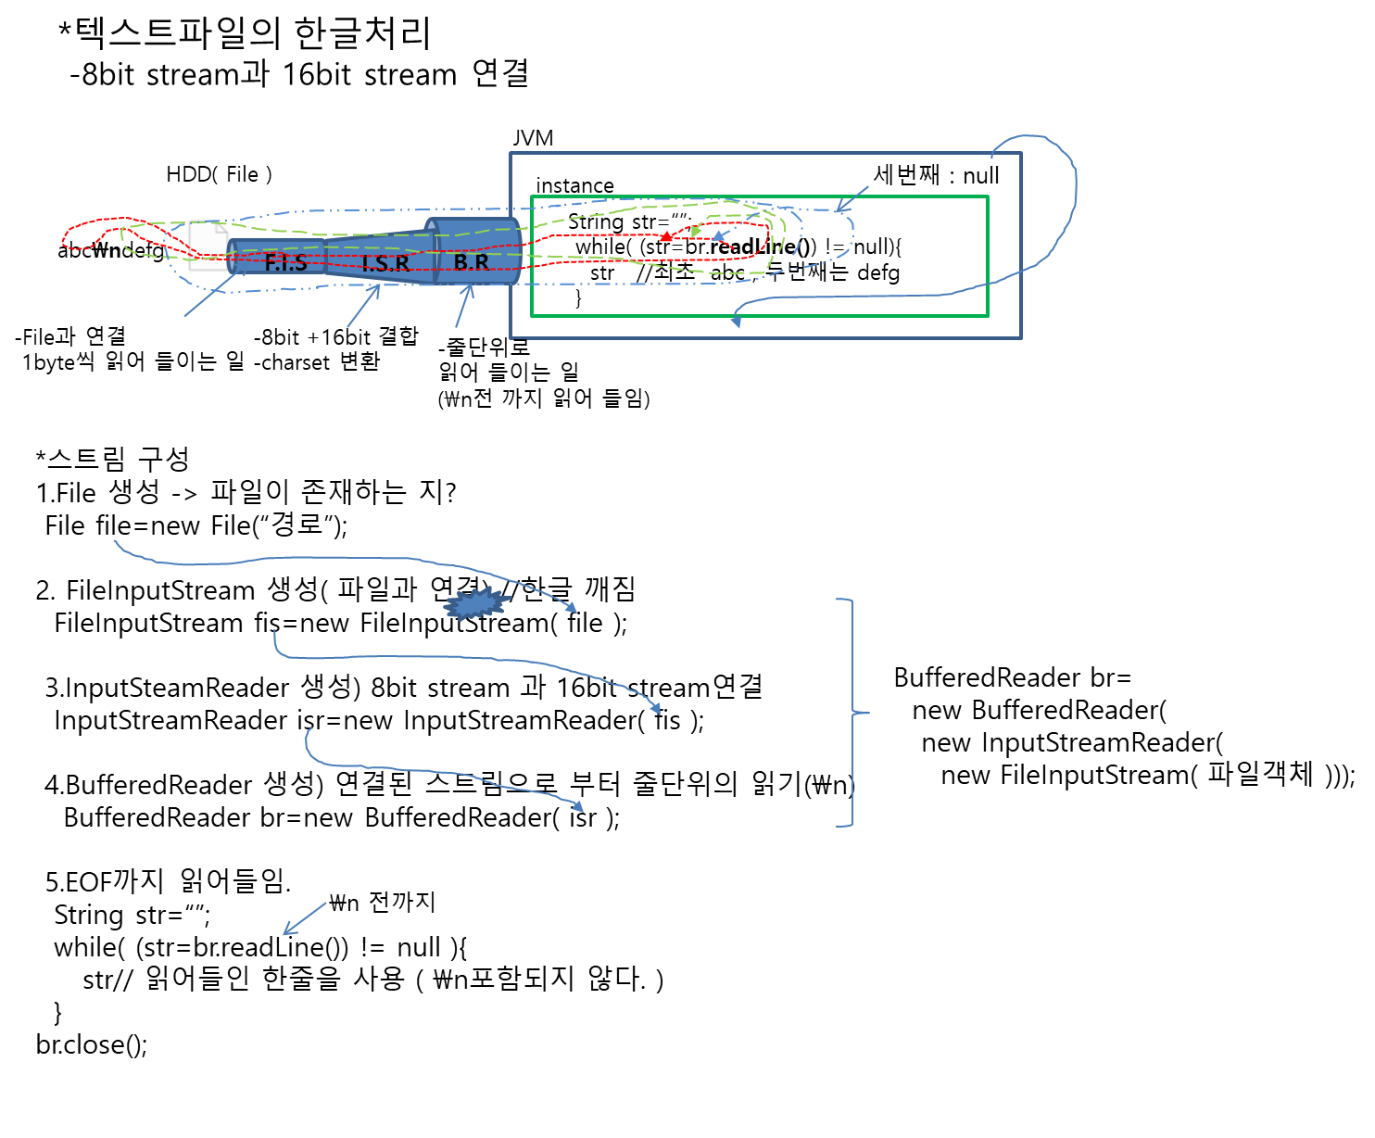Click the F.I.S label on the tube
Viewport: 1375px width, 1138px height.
pos(285,262)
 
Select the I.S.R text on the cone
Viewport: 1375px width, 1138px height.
pos(385,263)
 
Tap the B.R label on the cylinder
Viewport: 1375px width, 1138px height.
pos(471,262)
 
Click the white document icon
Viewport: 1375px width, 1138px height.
pos(209,246)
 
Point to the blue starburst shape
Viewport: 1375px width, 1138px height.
pos(476,603)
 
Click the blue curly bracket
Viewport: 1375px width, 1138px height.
pos(852,712)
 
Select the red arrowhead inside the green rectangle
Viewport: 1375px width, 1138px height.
pos(665,238)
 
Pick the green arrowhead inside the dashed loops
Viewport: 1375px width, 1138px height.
pos(695,231)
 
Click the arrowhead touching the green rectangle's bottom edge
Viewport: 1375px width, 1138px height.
pos(735,321)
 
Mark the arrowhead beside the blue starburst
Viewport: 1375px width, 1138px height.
pos(572,608)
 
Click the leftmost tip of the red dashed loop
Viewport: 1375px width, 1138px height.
pos(62,240)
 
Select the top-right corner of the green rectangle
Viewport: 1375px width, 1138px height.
pos(988,196)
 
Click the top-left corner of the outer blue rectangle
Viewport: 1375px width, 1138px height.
pos(511,153)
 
